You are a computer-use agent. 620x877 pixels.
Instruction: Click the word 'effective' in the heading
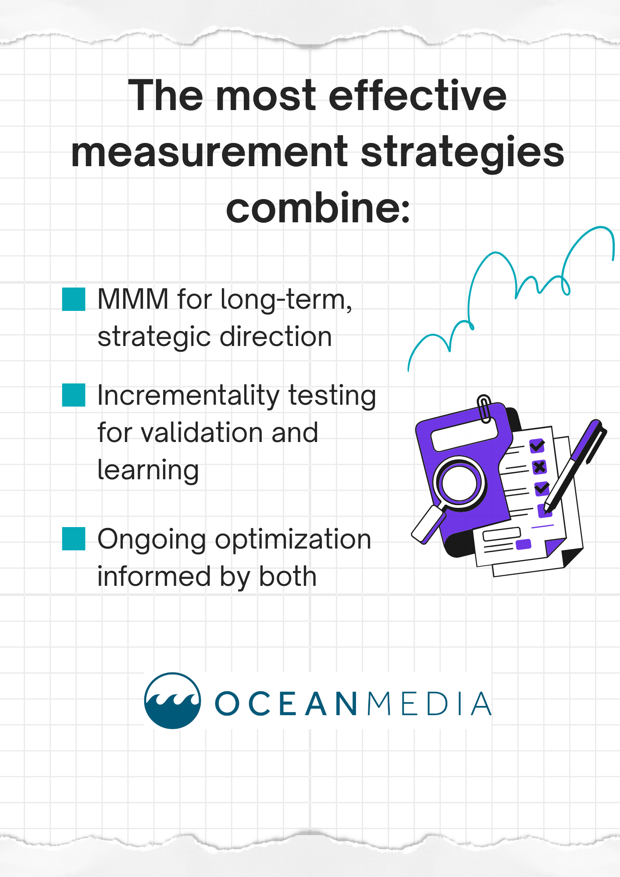click(x=417, y=96)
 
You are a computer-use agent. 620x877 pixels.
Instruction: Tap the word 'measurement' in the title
click(x=210, y=152)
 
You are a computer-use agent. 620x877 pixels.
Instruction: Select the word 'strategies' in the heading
click(x=463, y=152)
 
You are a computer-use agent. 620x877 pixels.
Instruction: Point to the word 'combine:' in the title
click(x=318, y=208)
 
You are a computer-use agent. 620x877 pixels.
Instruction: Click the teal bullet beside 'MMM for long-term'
click(x=74, y=299)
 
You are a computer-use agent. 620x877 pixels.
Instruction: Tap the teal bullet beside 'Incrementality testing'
click(x=74, y=395)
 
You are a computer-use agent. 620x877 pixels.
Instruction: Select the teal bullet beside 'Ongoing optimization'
click(x=74, y=538)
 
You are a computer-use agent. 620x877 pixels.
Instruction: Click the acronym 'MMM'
click(x=133, y=299)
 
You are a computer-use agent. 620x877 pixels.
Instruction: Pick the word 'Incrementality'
click(x=188, y=395)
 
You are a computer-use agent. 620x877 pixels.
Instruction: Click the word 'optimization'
click(x=293, y=539)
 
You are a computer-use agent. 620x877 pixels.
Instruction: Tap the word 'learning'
click(x=148, y=470)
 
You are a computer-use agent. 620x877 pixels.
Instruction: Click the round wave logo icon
click(x=173, y=700)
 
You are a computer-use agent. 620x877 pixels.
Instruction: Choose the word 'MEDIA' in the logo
click(x=429, y=704)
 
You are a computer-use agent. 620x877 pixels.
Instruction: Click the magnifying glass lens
click(x=459, y=483)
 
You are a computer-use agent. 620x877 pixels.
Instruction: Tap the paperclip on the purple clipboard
click(x=484, y=408)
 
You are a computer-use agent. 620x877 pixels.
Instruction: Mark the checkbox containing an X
click(x=539, y=467)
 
